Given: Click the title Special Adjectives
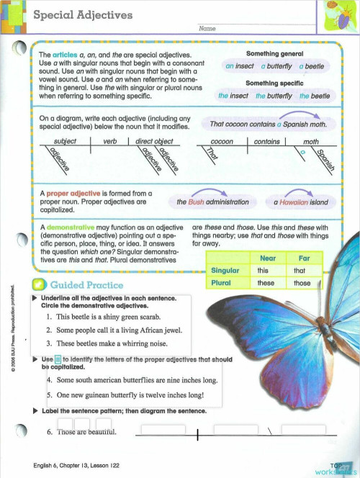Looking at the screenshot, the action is coord(83,15).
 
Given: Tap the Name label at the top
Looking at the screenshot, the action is coord(207,28).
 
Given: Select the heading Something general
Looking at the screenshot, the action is coord(274,54).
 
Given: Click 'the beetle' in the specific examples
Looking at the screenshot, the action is coord(315,96).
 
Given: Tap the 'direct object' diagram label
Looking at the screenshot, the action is coord(155,143).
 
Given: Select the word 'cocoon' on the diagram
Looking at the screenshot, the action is coord(222,143).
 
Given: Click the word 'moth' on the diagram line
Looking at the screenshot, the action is coord(311,143).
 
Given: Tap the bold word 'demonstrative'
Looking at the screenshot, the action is coord(72,226).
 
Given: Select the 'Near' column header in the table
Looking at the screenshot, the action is coord(266,258).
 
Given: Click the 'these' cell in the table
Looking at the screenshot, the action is coord(266,283).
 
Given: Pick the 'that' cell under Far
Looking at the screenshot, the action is coord(300,271).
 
